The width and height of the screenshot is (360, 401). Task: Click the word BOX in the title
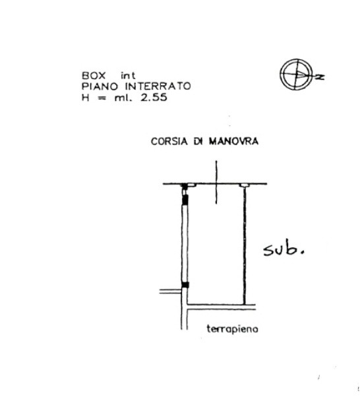coord(94,76)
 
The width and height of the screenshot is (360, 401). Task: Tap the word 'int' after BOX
coord(128,76)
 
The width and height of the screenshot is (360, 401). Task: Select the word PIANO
coord(100,86)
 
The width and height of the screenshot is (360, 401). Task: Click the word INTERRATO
coord(158,86)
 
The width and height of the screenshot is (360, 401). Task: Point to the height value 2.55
coord(154,98)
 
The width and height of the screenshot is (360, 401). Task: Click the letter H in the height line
coord(86,98)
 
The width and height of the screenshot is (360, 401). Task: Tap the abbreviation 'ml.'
coord(124,98)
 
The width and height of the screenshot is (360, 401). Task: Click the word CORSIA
coord(169,141)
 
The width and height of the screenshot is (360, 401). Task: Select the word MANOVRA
coord(233,141)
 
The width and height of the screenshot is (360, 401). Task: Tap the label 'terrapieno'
coord(232,329)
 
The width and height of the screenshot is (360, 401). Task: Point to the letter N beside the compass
coord(320,77)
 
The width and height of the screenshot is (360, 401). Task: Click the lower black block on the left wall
coord(185,285)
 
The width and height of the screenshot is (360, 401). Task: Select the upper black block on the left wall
coord(185,200)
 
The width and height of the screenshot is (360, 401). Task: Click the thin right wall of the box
coord(245,245)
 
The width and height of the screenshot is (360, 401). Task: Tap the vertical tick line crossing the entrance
coord(216,182)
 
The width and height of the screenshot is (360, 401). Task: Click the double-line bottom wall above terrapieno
coord(221,307)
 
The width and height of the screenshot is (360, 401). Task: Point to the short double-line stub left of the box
coord(171,291)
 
